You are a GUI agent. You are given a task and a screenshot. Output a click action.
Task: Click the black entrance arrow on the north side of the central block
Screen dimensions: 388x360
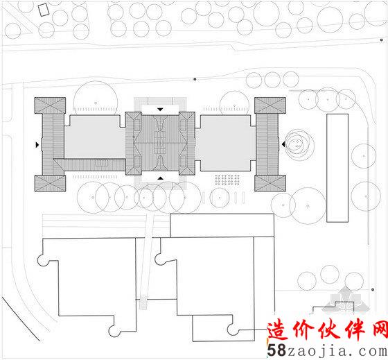160,110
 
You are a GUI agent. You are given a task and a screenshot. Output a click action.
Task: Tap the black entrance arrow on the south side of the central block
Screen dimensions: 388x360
161,178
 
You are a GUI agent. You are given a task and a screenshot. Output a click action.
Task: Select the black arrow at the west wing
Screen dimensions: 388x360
37,145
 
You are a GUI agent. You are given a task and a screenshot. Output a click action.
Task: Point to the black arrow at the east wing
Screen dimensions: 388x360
283,144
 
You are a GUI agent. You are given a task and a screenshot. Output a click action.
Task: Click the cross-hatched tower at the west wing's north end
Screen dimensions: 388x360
50,105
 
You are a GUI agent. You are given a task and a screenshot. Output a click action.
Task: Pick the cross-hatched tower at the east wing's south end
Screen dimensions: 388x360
270,183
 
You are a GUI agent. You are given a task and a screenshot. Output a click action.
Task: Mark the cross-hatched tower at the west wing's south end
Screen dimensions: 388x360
50,183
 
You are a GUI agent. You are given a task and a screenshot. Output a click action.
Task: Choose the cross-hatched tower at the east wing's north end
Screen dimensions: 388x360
270,105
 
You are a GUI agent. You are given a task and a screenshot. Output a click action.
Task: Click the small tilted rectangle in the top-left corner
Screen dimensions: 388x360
44,10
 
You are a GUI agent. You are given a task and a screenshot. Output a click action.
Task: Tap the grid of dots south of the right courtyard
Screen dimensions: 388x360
227,180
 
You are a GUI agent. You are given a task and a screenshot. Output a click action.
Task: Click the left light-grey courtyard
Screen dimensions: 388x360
95,137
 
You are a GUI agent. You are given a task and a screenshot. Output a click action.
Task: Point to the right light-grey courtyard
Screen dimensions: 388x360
225,143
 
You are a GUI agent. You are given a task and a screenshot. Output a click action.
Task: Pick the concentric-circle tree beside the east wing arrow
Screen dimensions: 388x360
297,144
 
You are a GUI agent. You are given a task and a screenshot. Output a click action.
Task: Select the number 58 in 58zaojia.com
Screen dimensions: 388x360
276,350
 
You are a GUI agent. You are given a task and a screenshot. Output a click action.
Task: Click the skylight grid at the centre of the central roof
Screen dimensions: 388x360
160,144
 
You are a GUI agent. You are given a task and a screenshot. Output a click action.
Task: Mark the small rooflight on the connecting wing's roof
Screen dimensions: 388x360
102,163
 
